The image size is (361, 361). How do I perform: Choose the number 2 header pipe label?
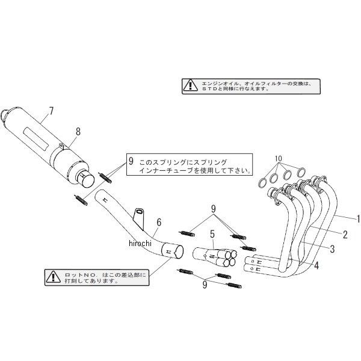(345, 233)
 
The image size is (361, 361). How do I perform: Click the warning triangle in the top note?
(190, 85)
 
